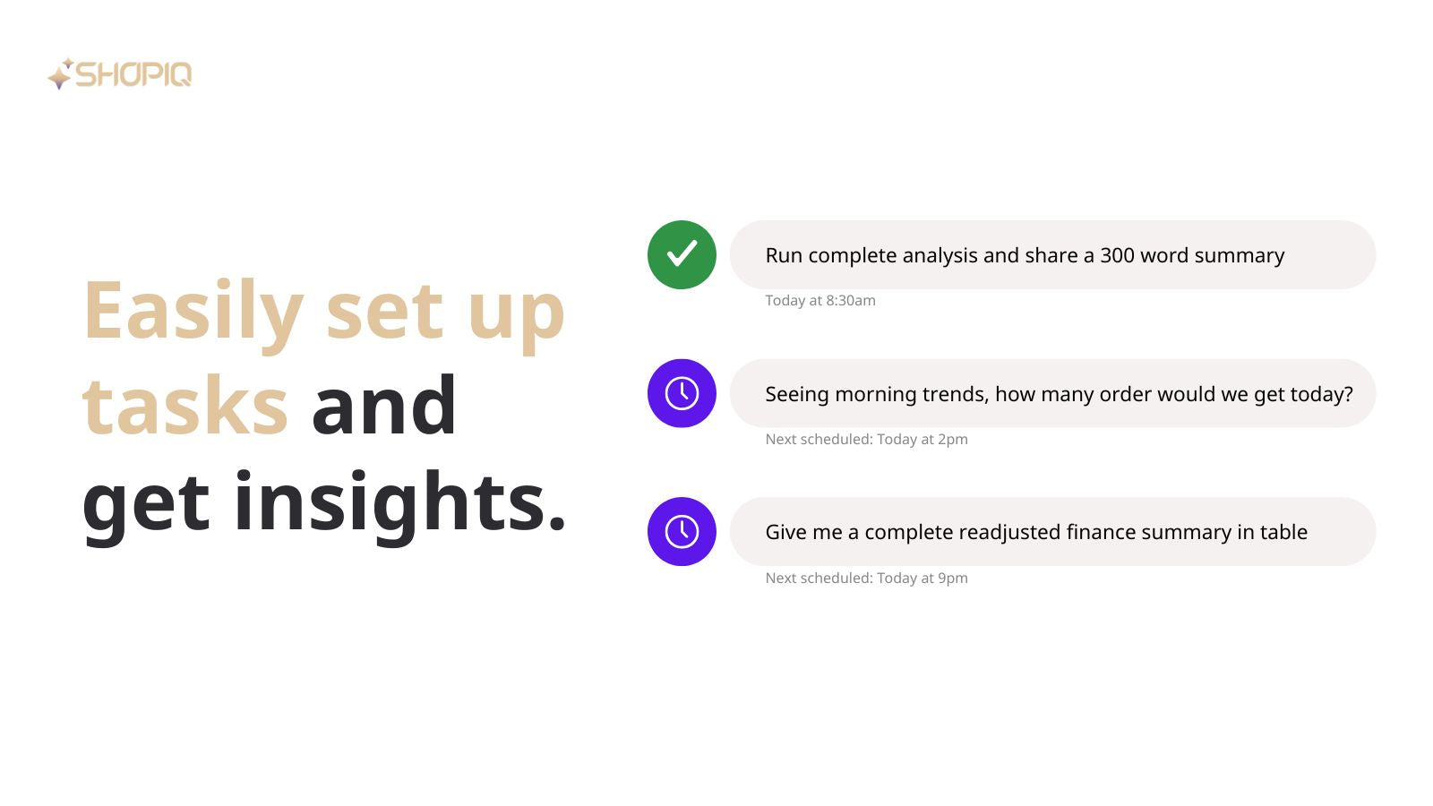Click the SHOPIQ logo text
(x=133, y=74)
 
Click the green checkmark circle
(x=682, y=254)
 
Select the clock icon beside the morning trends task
(x=682, y=393)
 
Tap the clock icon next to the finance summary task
(x=682, y=532)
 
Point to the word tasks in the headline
(x=185, y=406)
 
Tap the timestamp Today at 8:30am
(x=820, y=301)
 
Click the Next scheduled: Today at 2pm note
(x=866, y=440)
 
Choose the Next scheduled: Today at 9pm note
(x=866, y=579)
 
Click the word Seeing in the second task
(x=797, y=395)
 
